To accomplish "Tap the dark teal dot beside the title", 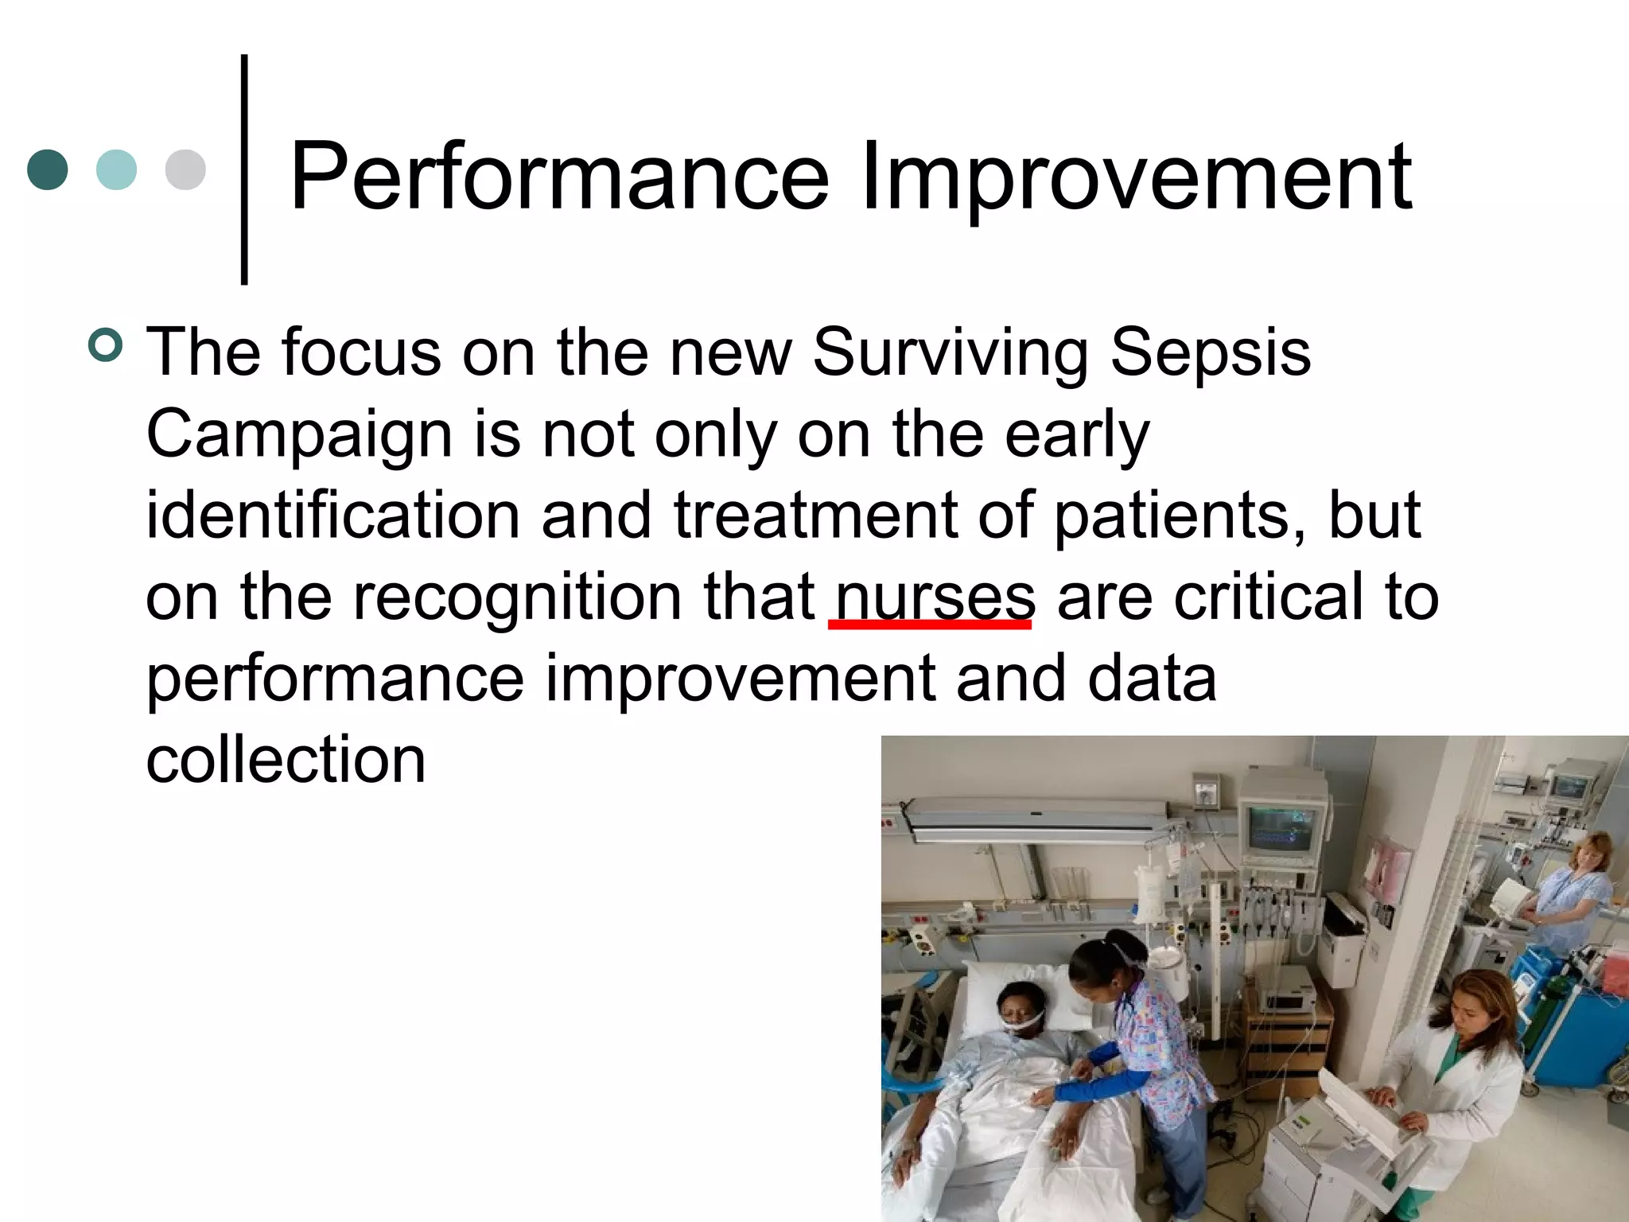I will click(48, 169).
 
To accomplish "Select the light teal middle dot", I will click(116, 169).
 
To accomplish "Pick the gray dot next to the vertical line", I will click(185, 169).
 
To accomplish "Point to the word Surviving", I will click(950, 352).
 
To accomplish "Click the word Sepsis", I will click(1210, 352).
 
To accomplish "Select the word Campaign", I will click(299, 435).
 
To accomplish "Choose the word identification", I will click(333, 516).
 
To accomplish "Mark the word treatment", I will click(815, 516).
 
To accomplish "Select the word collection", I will click(286, 760).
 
